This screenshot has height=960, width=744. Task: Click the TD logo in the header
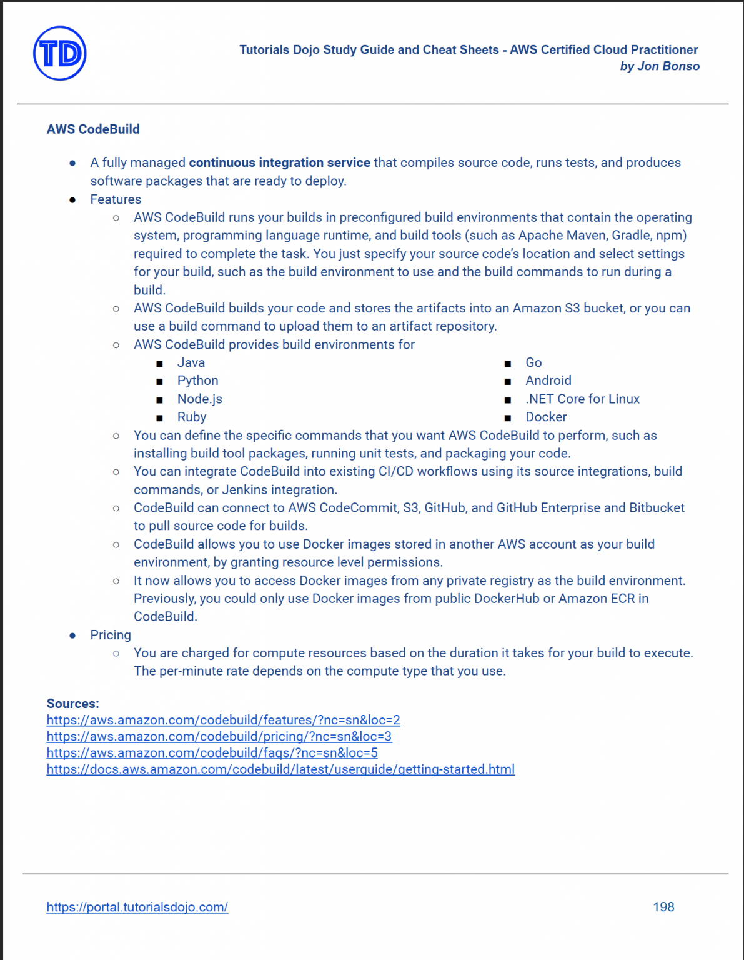(x=60, y=54)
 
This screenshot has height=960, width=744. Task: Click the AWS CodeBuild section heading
(x=93, y=129)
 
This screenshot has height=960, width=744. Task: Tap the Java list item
(x=191, y=363)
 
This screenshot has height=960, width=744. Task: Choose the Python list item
(x=197, y=381)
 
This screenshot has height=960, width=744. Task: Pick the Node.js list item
(x=199, y=399)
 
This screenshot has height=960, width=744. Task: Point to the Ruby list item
(x=191, y=417)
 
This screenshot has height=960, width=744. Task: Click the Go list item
(x=533, y=363)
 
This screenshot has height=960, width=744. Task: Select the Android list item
(x=548, y=381)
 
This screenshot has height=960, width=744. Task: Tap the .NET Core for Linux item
(x=582, y=399)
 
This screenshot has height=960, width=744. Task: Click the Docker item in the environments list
(x=546, y=417)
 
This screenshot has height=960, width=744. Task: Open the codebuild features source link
(x=223, y=720)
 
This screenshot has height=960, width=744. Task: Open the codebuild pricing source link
(x=219, y=736)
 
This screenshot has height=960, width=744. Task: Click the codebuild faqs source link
(x=212, y=753)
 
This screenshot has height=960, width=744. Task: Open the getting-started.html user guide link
(x=280, y=769)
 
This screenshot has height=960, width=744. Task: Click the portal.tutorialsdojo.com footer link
(x=137, y=907)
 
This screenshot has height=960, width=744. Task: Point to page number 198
(x=663, y=907)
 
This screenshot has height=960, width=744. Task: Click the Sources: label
(x=72, y=704)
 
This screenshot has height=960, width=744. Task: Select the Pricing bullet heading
(x=111, y=635)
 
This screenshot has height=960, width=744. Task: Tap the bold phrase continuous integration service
(x=279, y=162)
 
